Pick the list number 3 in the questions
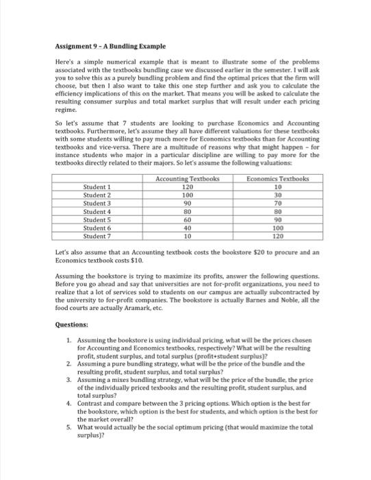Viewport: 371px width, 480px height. pyautogui.click(x=69, y=396)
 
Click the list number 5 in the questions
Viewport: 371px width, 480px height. pyautogui.click(x=69, y=445)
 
